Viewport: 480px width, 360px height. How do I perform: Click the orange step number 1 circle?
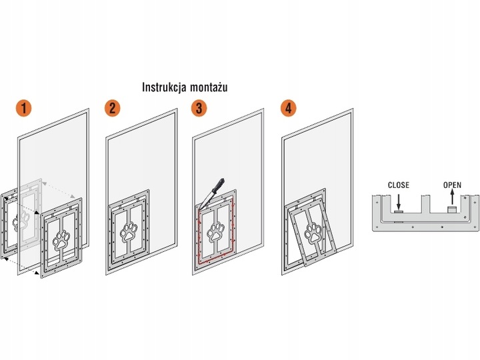coord(23,108)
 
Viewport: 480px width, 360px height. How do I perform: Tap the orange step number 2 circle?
coord(113,108)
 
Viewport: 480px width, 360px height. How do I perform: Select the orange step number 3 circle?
coord(199,108)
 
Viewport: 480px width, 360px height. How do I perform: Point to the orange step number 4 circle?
coord(289,108)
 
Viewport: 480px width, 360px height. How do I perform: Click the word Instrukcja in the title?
coord(165,87)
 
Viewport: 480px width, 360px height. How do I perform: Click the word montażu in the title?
coord(209,87)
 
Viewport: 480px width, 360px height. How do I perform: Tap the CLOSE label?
coord(398,185)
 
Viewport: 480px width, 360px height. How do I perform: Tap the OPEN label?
coord(452,185)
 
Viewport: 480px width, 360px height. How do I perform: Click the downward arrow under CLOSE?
coord(398,201)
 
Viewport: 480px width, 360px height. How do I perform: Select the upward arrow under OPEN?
coord(453,197)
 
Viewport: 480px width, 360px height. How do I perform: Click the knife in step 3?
coord(212,193)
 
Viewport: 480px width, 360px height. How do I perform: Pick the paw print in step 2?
coord(129,232)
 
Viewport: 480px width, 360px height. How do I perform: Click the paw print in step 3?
coord(215,232)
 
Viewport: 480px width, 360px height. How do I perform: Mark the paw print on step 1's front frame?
coord(61,240)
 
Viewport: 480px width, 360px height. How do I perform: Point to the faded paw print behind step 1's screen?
coord(21,219)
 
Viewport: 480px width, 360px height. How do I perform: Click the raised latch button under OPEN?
coord(452,209)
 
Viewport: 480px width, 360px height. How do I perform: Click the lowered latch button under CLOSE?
coord(398,211)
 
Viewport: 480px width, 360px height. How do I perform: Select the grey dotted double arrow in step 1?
coord(59,190)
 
